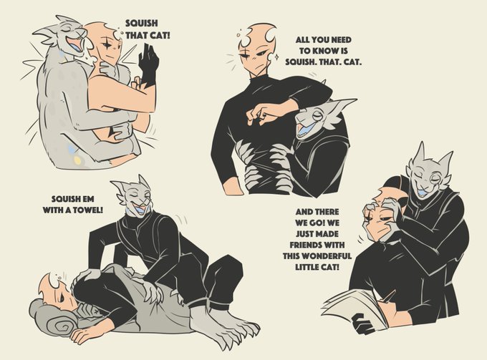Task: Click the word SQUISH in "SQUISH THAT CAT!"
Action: (x=141, y=24)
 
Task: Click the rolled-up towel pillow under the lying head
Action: (x=57, y=316)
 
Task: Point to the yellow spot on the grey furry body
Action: (x=77, y=160)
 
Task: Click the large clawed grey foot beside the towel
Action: (x=223, y=326)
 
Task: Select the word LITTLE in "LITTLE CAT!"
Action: (x=305, y=267)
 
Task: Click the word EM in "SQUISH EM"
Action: (x=88, y=199)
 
